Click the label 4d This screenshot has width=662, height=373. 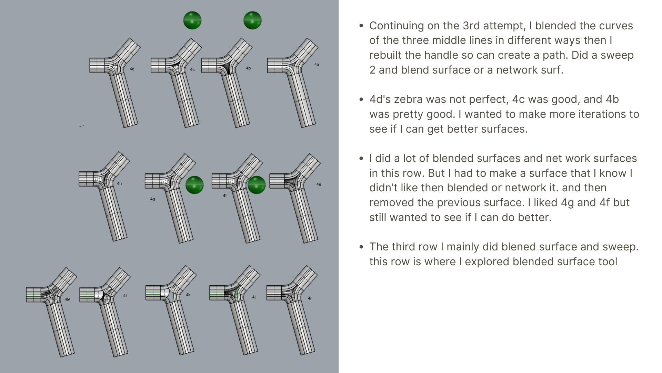132,69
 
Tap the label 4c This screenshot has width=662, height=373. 192,70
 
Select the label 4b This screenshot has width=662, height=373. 248,68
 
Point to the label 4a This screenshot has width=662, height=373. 317,65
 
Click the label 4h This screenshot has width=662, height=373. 119,184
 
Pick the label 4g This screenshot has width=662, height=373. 153,199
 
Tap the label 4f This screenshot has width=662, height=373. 225,196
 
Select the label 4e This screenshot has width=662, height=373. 319,184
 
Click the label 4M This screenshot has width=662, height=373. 68,299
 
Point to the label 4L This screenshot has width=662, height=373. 126,296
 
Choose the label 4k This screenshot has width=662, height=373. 188,295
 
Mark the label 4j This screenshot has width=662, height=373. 254,297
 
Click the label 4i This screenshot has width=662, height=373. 310,298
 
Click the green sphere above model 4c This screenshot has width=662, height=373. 192,20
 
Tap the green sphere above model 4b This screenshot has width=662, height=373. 252,20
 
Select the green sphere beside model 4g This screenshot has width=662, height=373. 194,185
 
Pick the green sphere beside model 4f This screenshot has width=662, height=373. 257,185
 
